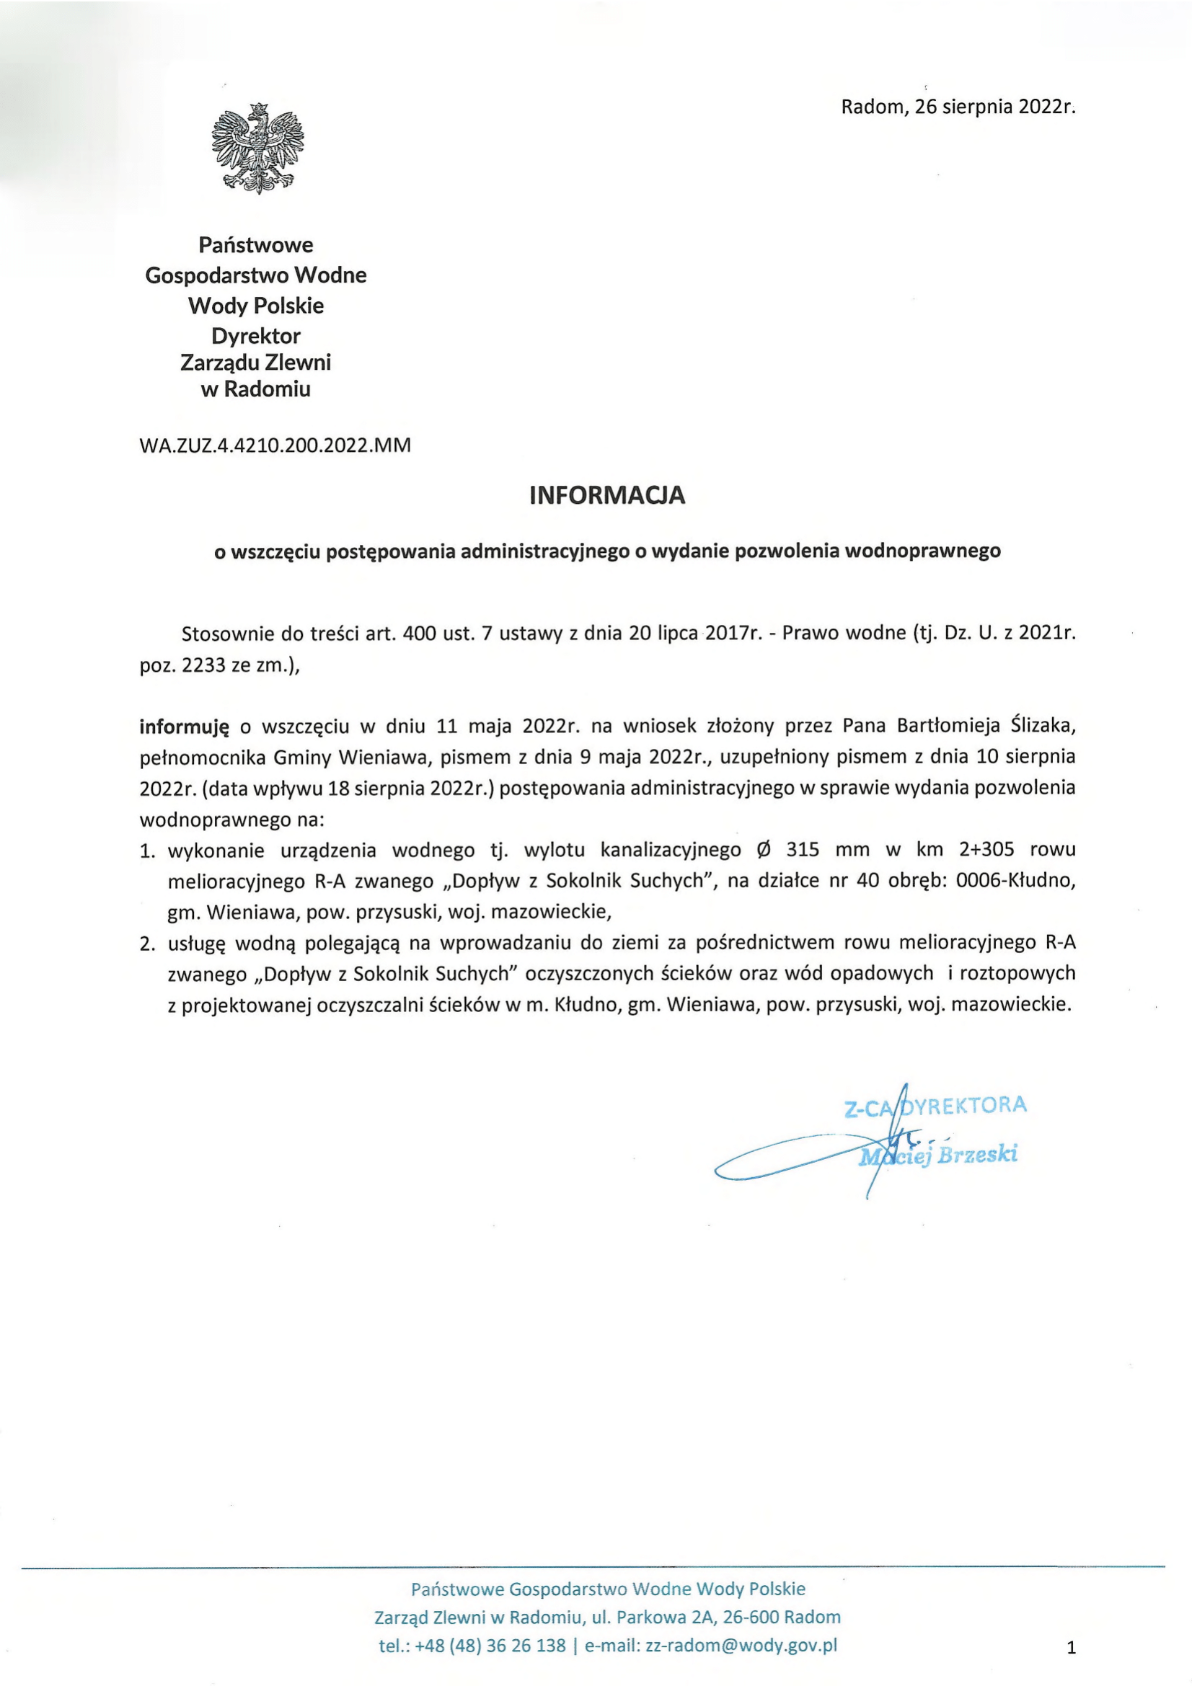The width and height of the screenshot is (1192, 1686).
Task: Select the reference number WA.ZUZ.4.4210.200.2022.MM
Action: (275, 445)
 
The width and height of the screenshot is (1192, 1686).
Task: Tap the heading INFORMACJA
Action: (606, 495)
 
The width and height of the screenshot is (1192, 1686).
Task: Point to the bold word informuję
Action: (185, 727)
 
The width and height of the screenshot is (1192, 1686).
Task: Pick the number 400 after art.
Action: (420, 633)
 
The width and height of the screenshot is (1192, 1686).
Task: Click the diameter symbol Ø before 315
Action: (763, 850)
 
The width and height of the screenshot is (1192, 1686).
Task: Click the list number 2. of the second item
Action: (148, 944)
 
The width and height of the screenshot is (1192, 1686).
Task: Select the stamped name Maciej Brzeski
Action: (939, 1155)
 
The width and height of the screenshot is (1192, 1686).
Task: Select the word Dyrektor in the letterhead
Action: (255, 336)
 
